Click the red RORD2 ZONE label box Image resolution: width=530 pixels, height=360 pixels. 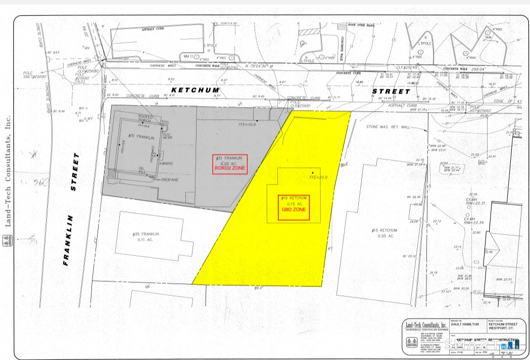tap(230, 164)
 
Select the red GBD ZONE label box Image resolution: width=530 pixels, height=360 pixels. tap(294, 207)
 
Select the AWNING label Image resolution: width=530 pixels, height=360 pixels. tap(166, 164)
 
